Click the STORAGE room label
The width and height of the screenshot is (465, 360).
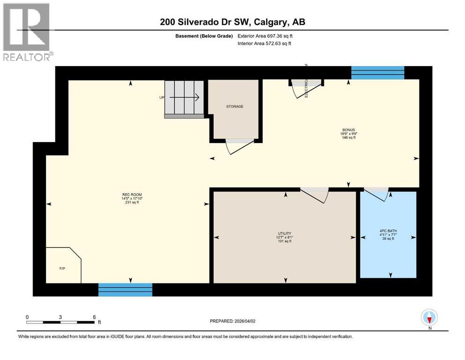(234, 106)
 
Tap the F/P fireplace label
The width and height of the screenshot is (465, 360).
(62, 269)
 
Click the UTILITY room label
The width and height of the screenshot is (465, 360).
(284, 233)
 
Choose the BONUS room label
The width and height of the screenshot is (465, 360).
(348, 129)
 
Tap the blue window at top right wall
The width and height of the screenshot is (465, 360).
(377, 73)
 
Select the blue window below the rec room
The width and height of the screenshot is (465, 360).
(125, 289)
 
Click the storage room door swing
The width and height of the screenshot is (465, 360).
(239, 146)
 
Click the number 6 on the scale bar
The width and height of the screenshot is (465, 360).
(94, 316)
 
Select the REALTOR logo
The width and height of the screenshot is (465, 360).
(27, 33)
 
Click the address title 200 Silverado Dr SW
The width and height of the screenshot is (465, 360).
(232, 22)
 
